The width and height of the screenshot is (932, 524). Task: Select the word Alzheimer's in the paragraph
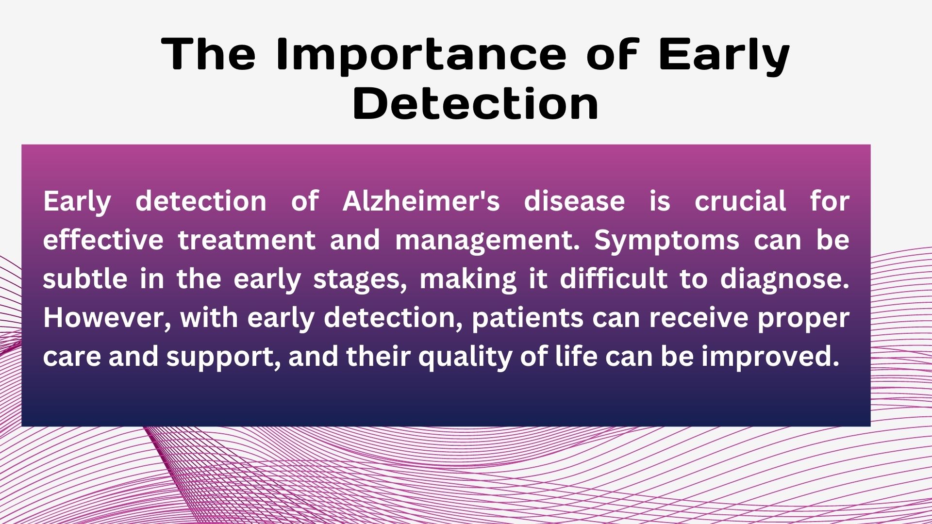(421, 201)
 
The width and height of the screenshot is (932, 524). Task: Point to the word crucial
(740, 201)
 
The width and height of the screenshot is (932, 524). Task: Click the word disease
(574, 201)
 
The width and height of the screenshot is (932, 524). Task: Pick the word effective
(103, 240)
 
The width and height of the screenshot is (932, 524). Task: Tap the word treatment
(247, 240)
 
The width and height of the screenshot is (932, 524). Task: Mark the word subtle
(85, 279)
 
